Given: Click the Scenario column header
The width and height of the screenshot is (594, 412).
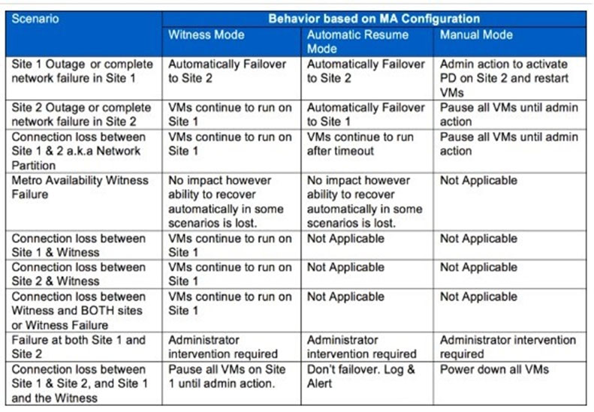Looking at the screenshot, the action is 35,19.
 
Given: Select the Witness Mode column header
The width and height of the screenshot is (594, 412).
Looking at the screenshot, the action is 206,35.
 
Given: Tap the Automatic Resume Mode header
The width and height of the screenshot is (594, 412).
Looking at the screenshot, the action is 357,42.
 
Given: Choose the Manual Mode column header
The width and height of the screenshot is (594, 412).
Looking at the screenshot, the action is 476,35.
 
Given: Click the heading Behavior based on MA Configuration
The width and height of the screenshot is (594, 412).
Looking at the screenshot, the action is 374,19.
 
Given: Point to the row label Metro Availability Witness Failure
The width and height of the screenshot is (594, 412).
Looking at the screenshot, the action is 80,187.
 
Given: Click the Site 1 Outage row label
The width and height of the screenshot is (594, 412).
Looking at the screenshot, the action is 82,71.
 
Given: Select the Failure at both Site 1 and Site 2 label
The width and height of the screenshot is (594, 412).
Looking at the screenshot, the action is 78,347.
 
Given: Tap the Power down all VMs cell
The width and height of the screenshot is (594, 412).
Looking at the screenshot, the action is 494,369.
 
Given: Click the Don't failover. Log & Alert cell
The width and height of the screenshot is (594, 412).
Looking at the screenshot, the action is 361,376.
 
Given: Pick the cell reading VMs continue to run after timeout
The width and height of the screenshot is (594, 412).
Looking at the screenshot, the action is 360,144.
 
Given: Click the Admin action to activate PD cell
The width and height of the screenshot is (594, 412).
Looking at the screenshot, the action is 504,78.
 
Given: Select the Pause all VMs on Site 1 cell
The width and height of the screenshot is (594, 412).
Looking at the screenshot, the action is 227,376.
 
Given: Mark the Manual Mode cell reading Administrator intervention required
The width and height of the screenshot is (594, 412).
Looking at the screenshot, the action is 508,347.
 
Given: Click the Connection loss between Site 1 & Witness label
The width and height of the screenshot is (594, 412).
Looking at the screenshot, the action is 78,245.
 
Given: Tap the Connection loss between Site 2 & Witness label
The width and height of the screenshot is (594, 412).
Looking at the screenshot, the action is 78,274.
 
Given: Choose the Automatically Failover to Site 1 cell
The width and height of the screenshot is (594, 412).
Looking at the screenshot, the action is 366,114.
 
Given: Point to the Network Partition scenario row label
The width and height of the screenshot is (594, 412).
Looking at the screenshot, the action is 78,151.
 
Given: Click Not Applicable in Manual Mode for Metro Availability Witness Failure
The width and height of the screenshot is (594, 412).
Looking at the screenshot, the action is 478,180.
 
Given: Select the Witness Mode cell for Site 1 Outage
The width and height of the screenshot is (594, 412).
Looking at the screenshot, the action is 228,71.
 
